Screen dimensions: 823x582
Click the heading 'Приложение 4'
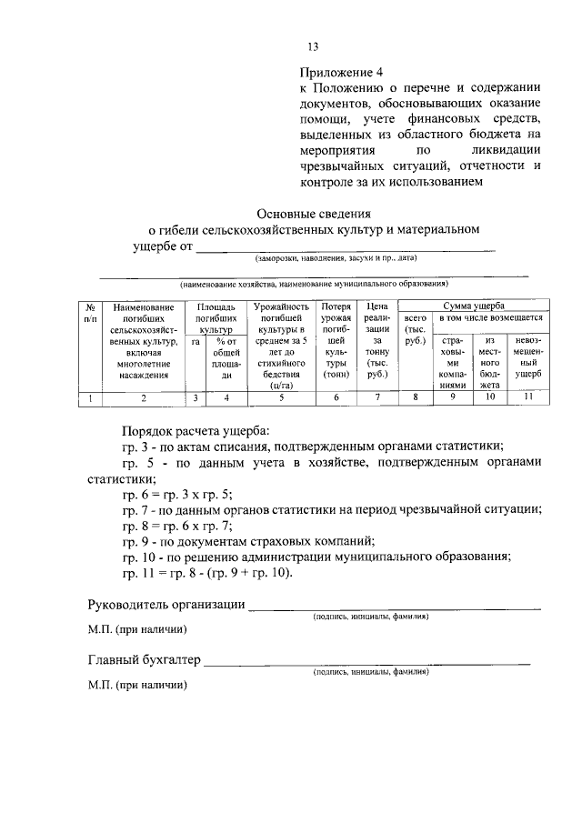tap(342, 72)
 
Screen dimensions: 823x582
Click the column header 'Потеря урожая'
tap(336, 314)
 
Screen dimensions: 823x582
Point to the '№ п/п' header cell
tap(89, 313)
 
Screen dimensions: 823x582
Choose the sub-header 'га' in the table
tap(196, 342)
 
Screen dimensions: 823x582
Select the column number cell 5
tap(282, 397)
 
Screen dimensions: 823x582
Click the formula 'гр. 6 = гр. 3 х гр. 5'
tap(177, 495)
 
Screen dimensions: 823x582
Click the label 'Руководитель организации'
tap(166, 606)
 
